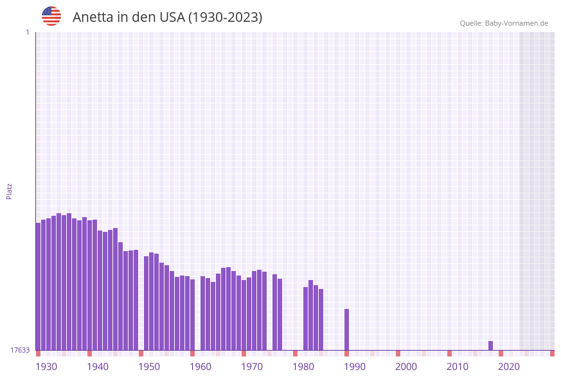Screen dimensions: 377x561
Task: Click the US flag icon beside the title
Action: coord(51,16)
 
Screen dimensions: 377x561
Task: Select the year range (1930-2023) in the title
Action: coord(225,17)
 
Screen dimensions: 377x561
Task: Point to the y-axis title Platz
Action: coord(10,191)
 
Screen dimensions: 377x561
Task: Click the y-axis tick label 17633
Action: coord(20,350)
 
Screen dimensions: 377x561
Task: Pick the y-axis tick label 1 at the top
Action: coord(27,32)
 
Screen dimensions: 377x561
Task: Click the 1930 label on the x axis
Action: coord(46,367)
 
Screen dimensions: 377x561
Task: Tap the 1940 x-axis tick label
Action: coord(98,367)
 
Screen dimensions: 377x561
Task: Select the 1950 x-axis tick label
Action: coord(149,367)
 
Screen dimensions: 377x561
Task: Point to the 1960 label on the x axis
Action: coord(200,367)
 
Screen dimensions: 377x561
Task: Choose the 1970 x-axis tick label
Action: coord(252,367)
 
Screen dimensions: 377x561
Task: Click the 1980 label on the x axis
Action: coord(303,367)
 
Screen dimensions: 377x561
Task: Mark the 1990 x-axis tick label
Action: coord(355,367)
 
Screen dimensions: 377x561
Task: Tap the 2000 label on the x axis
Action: coord(406,367)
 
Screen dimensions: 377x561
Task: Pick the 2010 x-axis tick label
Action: coord(458,367)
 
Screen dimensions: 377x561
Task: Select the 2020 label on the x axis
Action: coord(509,367)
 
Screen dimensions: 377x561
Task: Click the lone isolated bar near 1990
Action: coord(346,329)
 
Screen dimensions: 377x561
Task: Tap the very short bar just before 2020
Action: coord(490,346)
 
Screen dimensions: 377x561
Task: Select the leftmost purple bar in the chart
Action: coord(38,286)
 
